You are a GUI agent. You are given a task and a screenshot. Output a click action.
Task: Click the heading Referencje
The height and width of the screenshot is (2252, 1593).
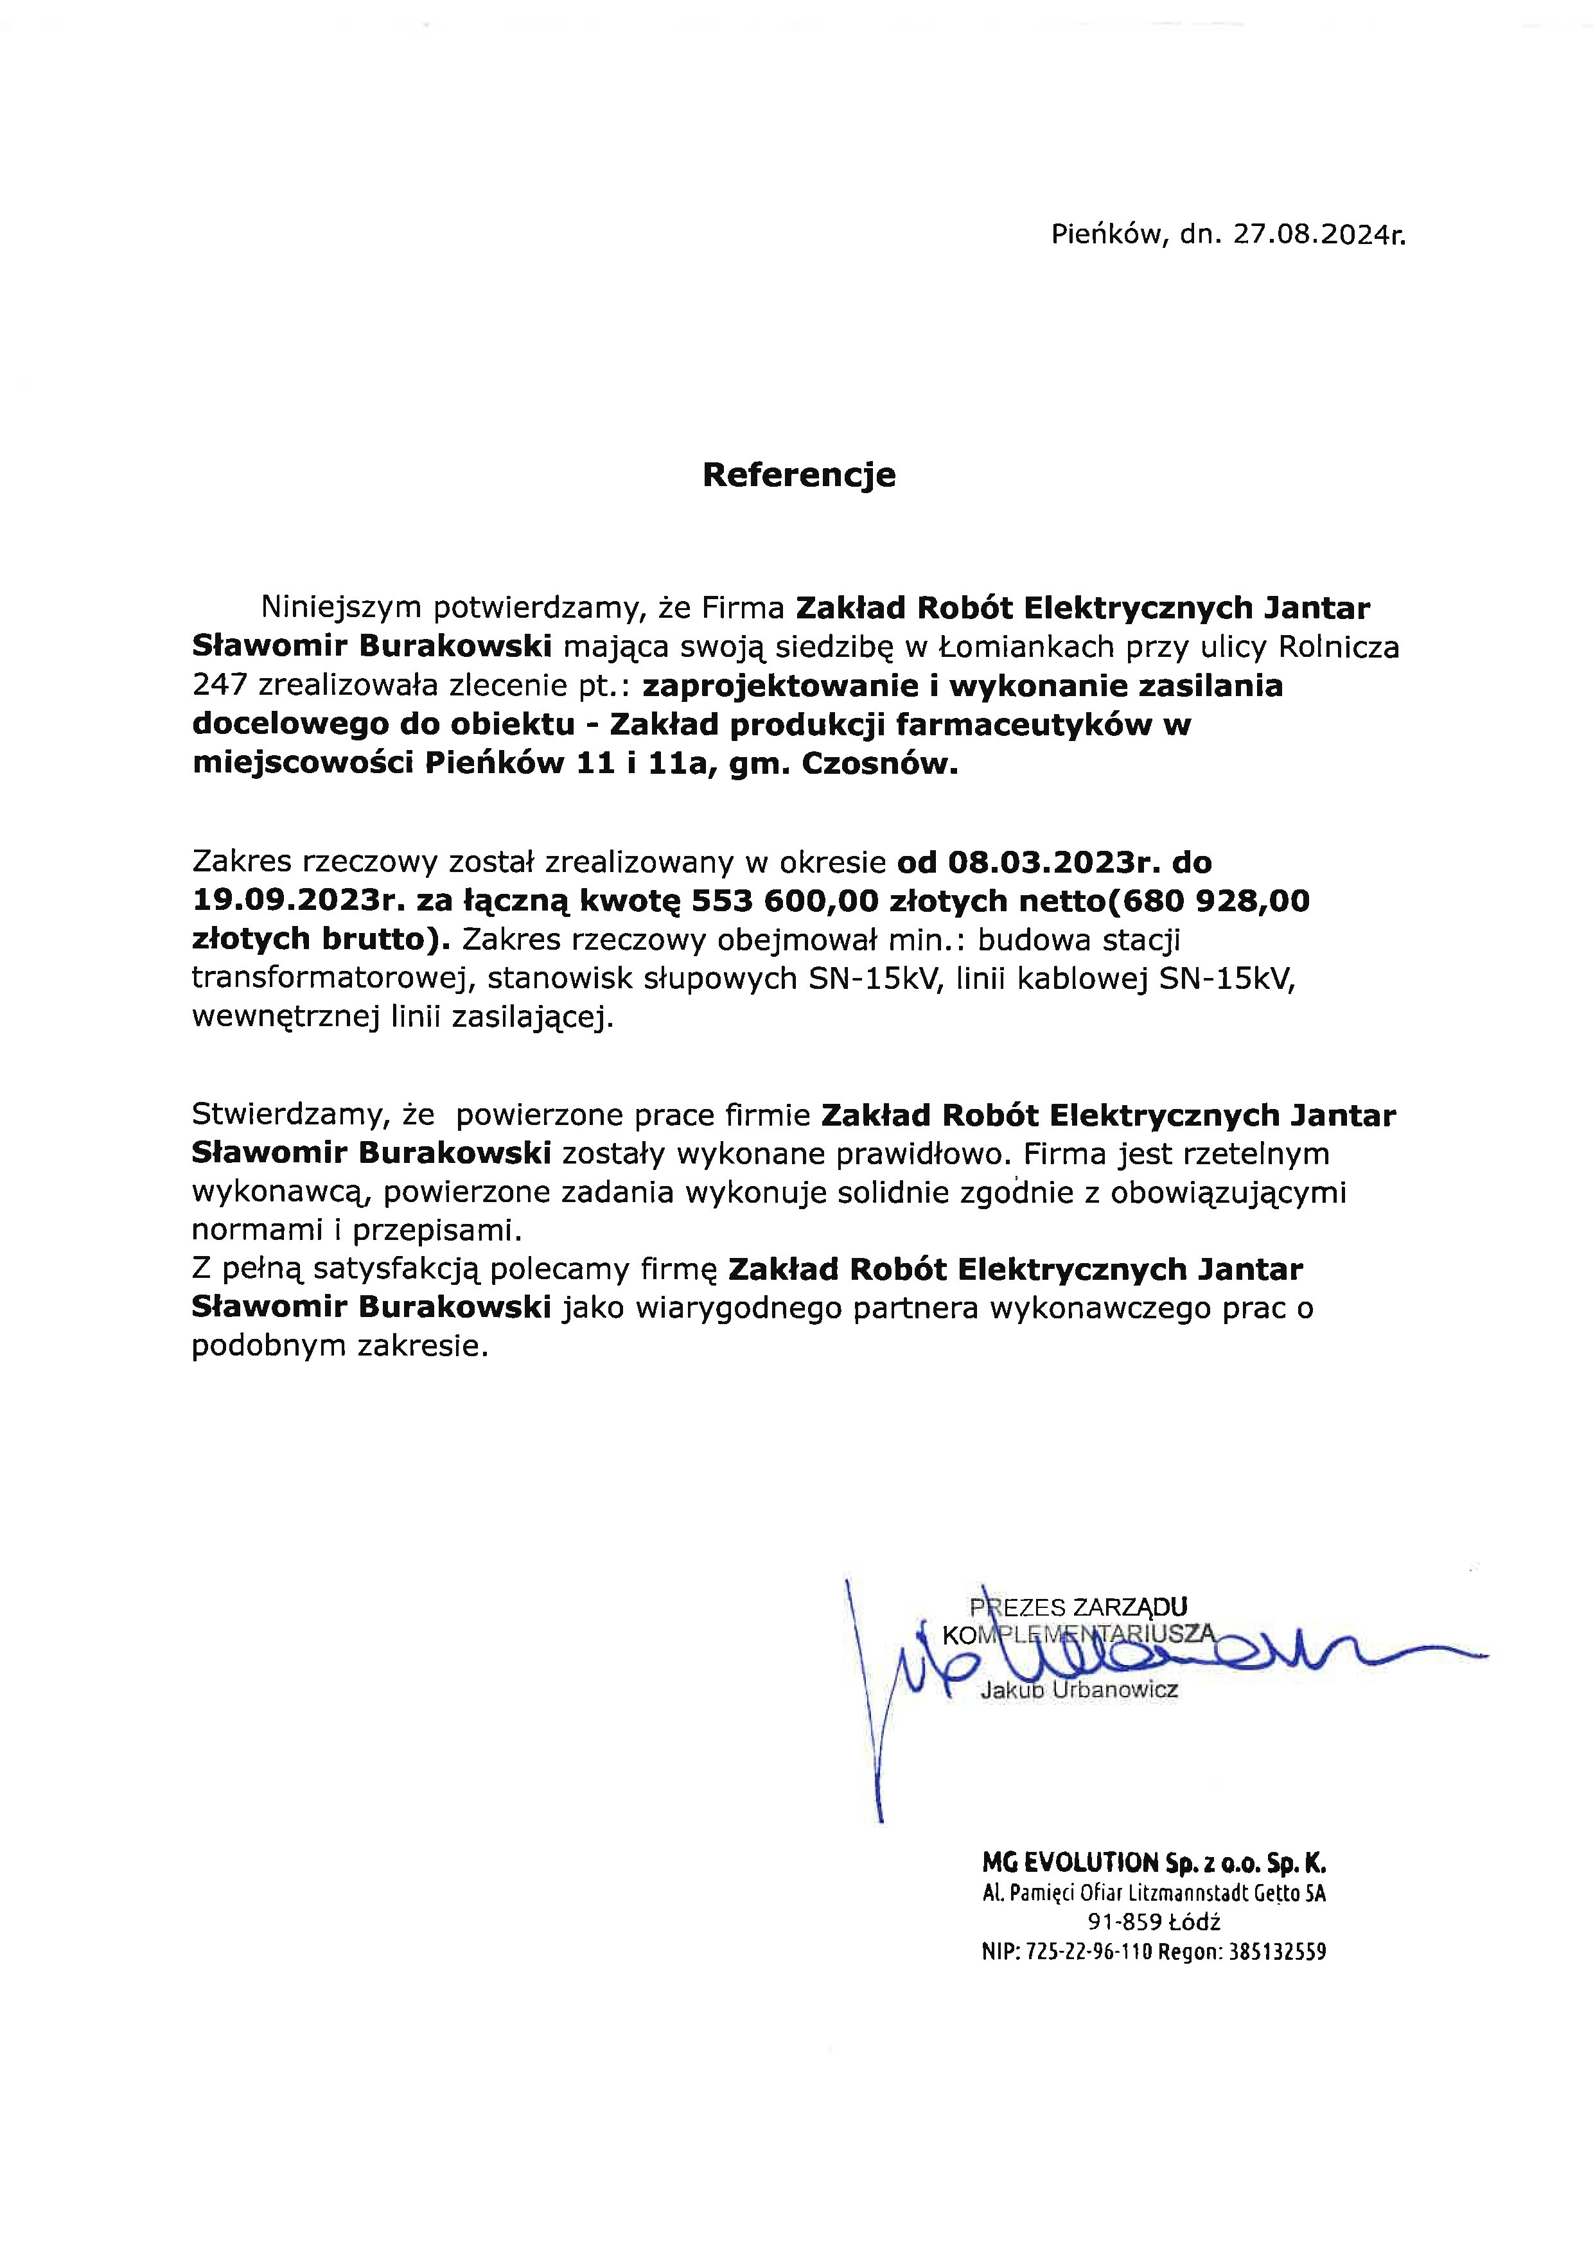tap(798, 475)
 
